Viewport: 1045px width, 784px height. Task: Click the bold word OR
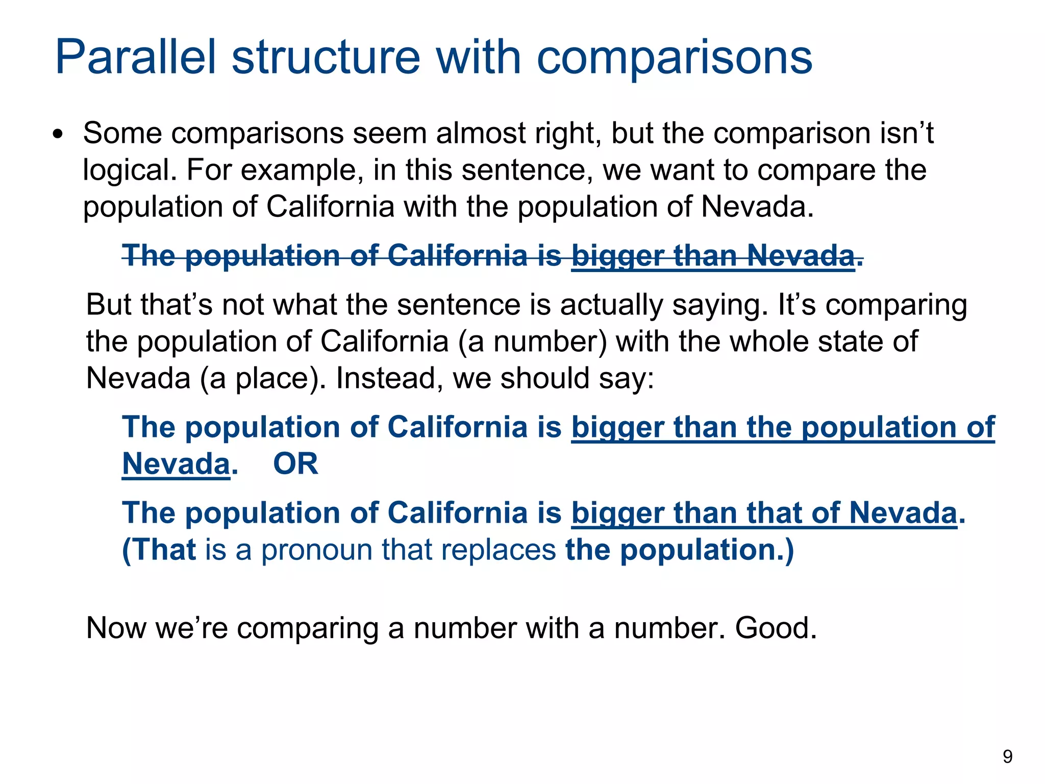coord(295,464)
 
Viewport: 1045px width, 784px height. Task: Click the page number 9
coord(1007,756)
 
